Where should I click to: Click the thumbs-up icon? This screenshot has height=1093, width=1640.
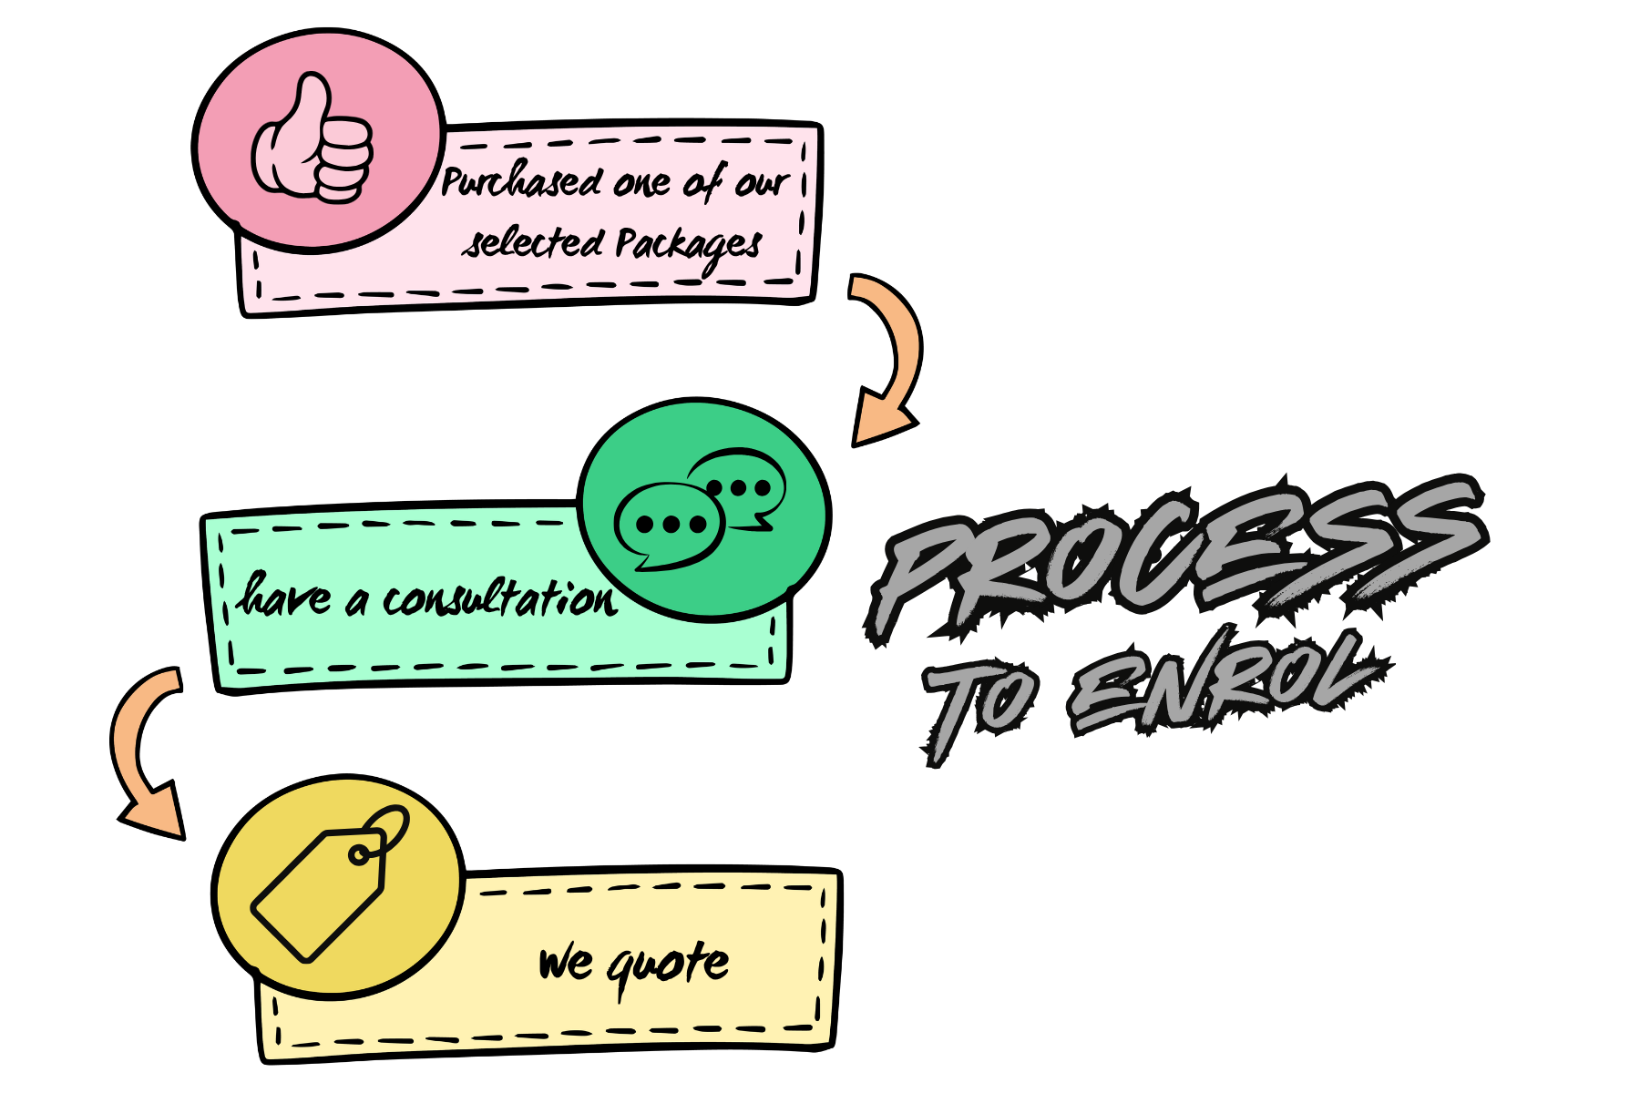tap(313, 141)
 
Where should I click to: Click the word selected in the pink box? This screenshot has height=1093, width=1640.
tap(533, 243)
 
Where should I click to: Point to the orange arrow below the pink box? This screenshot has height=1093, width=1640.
tap(888, 360)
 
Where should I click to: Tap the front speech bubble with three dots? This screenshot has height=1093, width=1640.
tap(670, 526)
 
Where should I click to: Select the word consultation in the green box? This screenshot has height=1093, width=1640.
tap(499, 599)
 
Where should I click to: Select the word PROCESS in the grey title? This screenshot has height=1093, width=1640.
tap(1175, 556)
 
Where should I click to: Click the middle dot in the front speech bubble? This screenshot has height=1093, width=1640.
tap(671, 525)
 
